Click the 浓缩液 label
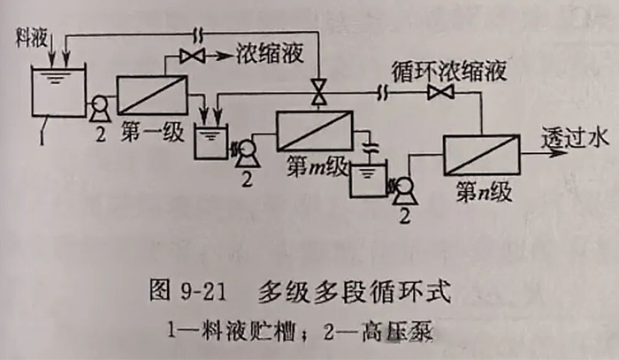pos(269,55)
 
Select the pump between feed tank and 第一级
pos(99,110)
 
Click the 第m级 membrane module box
pos(314,130)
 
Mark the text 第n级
pos(485,191)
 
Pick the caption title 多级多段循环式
pos(354,291)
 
